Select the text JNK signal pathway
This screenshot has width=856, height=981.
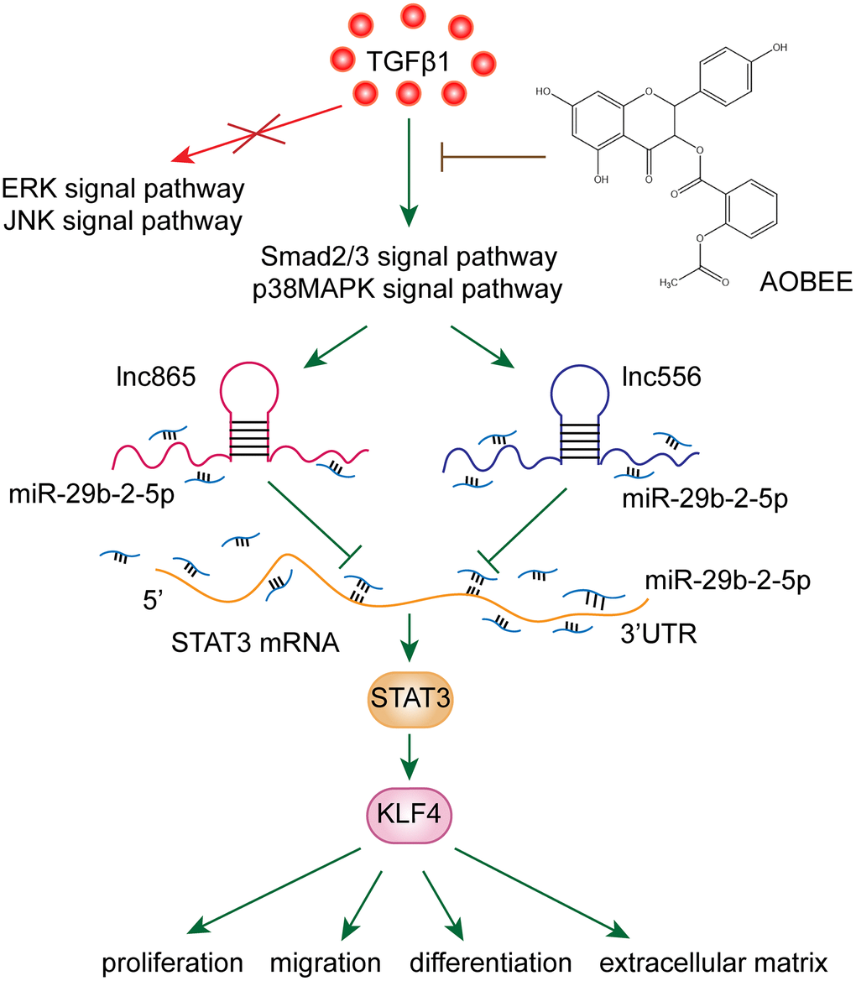pos(124,222)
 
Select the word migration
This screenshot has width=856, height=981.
pos(326,962)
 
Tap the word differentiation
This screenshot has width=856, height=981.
pos(491,962)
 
